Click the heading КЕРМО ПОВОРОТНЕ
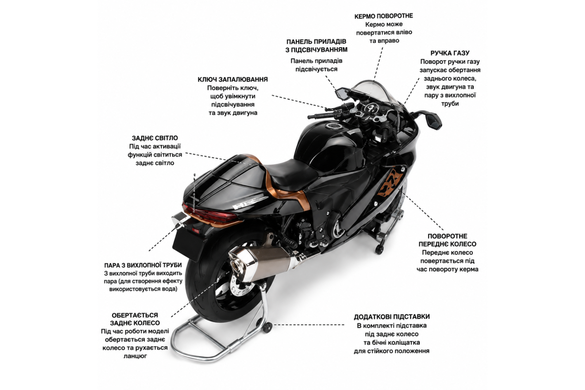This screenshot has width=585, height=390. point(383,16)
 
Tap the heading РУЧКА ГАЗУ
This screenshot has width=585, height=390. point(449,53)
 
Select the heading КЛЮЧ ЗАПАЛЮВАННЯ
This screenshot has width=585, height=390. point(233,79)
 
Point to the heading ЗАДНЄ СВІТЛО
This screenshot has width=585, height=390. point(155,138)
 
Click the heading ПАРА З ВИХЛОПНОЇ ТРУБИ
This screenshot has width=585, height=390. point(143,265)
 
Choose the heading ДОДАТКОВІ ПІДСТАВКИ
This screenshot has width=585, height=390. point(392,317)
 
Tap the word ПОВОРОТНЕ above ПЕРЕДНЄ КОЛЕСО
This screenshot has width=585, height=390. point(448,236)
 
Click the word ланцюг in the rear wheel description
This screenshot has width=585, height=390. point(135,356)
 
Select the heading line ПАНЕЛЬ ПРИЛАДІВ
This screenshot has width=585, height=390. point(316,41)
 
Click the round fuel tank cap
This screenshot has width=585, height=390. point(333,127)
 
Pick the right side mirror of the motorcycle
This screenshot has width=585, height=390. point(433,120)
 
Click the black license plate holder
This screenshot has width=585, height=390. point(187,246)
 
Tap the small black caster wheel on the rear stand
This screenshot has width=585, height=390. point(268,327)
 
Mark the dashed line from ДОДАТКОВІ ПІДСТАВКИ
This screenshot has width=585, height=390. point(309,325)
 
